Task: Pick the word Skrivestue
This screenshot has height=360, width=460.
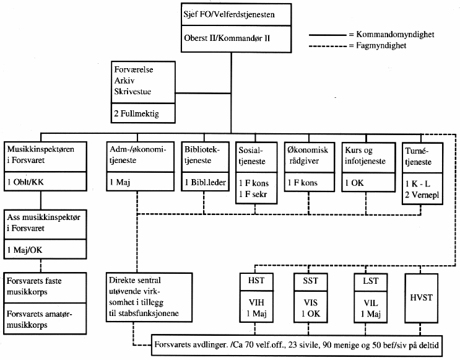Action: pos(133,90)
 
